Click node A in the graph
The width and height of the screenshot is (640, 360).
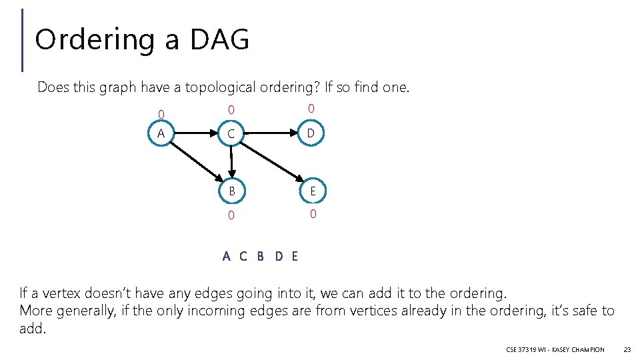(161, 133)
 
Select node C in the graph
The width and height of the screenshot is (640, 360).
(231, 135)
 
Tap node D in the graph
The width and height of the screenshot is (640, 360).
(310, 133)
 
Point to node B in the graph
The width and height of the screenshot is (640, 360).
(231, 191)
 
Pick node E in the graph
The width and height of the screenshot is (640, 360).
(311, 191)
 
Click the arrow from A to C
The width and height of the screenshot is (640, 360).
(194, 133)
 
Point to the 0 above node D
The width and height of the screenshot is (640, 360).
(311, 109)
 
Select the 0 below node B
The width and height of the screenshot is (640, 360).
(231, 215)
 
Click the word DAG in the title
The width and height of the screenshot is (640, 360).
(219, 39)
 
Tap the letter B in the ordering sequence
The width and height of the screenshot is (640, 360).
(261, 256)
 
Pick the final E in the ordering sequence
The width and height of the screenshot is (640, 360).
(295, 256)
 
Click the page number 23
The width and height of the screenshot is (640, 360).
(627, 349)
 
